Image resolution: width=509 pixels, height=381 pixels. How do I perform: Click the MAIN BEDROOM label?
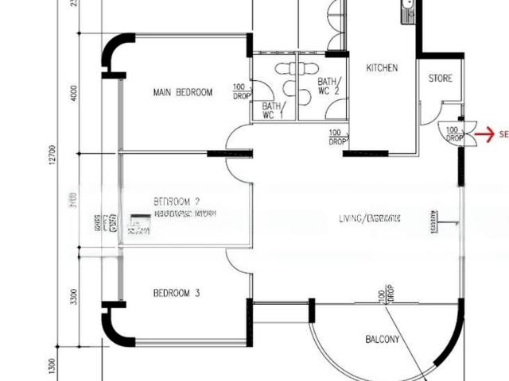(183, 93)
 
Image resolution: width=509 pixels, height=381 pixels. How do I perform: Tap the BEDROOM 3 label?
(177, 294)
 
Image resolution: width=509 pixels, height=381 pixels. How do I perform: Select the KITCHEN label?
(382, 68)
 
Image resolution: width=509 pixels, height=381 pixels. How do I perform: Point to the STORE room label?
(441, 79)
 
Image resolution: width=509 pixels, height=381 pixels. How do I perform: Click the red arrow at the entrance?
(482, 135)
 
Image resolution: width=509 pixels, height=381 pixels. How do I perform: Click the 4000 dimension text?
(74, 93)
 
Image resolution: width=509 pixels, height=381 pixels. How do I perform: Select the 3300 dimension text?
(74, 298)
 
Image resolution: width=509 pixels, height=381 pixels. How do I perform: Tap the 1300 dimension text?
(52, 365)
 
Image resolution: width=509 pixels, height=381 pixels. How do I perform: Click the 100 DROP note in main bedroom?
(240, 91)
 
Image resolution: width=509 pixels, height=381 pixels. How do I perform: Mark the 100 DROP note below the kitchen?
(337, 137)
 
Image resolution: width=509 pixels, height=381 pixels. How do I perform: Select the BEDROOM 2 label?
(177, 201)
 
